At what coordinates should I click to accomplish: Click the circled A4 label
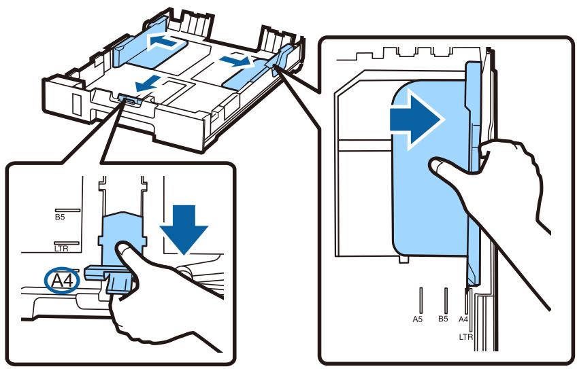62,281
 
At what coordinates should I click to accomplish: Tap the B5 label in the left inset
60,217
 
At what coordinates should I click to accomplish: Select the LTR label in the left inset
61,249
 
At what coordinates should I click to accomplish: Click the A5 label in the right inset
417,319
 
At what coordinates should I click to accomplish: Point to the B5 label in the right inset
443,319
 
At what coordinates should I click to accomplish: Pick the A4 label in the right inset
463,319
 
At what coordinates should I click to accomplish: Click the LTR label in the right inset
466,336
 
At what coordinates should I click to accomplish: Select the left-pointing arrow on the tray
166,41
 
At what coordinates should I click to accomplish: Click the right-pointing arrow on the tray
235,60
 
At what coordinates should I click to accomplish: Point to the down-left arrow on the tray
148,83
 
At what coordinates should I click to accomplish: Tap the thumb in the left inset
126,253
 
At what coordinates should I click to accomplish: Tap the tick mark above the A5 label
421,300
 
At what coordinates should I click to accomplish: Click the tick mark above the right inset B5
446,300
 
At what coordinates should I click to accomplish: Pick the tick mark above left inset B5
67,211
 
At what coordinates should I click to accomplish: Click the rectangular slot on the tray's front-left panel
76,105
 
